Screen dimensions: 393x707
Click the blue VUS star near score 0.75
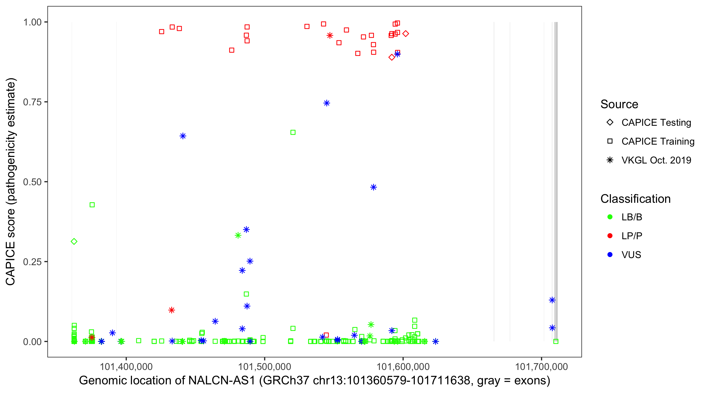click(x=326, y=103)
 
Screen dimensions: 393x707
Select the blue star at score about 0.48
click(x=373, y=187)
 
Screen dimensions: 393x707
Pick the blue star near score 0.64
click(x=183, y=136)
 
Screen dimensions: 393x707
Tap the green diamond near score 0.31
click(x=74, y=241)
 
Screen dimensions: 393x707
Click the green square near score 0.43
click(x=92, y=205)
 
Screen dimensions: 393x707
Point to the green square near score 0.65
click(x=293, y=132)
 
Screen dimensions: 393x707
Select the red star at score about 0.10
click(x=172, y=310)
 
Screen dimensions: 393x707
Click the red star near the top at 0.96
click(x=330, y=35)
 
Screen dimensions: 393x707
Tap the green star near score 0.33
click(x=238, y=235)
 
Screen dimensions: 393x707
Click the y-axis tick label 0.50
click(x=32, y=182)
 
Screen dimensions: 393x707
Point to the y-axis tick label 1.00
click(x=32, y=22)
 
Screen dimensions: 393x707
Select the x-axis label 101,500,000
click(x=264, y=367)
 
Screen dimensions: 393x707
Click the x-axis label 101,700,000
click(x=541, y=367)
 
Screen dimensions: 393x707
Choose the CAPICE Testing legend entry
click(x=656, y=123)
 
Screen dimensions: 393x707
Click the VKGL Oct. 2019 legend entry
click(x=656, y=160)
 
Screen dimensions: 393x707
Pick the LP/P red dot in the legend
click(x=610, y=236)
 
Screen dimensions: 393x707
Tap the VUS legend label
click(x=631, y=255)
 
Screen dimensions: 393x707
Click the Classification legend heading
click(x=635, y=199)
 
